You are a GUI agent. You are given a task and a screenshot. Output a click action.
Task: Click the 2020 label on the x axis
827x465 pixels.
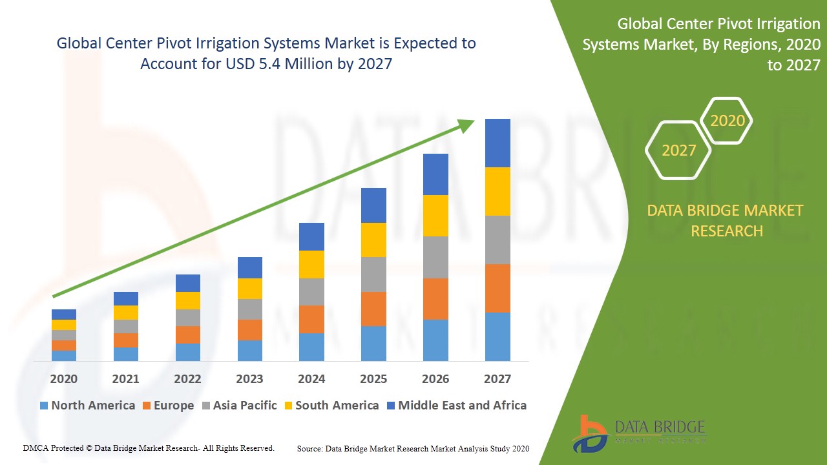(x=63, y=379)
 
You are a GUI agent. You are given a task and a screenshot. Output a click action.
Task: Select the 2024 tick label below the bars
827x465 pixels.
(x=311, y=379)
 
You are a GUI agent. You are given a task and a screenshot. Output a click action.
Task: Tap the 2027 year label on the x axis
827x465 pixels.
(x=497, y=379)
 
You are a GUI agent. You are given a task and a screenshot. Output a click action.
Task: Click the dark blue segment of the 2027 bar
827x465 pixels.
(x=497, y=143)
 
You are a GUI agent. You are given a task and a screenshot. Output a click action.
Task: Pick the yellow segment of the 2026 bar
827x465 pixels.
(x=435, y=216)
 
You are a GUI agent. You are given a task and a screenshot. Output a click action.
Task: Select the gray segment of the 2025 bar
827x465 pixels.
(x=373, y=274)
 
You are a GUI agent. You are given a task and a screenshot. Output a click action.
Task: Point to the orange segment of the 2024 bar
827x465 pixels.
(x=311, y=319)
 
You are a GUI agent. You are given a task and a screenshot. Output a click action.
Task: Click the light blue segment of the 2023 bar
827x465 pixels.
(x=249, y=350)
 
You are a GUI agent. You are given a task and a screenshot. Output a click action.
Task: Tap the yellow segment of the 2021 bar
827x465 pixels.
(x=125, y=313)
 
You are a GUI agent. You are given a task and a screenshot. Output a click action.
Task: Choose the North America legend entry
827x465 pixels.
(x=87, y=406)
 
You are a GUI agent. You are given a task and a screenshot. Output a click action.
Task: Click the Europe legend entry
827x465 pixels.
(x=167, y=406)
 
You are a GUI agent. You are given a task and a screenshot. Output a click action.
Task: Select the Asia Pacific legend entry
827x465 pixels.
(x=238, y=406)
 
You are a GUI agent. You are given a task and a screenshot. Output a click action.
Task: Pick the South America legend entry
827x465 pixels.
(x=330, y=406)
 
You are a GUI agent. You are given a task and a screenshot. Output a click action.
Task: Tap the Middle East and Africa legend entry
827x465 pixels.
(x=455, y=406)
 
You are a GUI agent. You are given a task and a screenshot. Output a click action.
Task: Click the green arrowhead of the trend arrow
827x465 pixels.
(x=466, y=125)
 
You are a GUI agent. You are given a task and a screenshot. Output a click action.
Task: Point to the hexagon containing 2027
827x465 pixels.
(x=678, y=150)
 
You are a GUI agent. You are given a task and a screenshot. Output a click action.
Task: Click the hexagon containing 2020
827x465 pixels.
(x=728, y=121)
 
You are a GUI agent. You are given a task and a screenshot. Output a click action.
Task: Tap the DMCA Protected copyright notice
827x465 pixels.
(x=149, y=448)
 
